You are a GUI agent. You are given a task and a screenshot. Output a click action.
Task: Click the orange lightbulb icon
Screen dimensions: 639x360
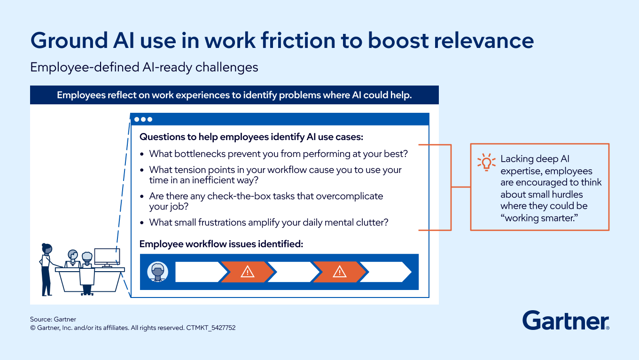point(486,162)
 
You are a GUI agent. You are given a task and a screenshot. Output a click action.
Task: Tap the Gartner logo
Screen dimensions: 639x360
point(566,321)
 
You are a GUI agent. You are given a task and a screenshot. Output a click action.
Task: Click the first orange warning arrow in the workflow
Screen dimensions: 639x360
point(247,272)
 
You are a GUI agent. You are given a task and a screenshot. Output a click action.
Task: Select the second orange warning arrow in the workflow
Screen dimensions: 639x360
point(339,272)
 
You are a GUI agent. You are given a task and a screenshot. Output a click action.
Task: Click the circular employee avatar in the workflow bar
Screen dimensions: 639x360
point(157,272)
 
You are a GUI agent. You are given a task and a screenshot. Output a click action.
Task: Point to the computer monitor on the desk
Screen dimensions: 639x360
point(107,257)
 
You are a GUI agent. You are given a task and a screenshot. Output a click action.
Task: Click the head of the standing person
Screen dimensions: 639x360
point(47,249)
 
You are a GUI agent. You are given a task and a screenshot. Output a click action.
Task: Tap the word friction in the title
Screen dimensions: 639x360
point(298,40)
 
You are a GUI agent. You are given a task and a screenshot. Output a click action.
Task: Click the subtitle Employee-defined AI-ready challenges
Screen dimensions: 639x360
point(144,68)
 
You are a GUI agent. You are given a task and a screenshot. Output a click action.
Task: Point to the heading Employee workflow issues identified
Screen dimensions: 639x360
point(221,244)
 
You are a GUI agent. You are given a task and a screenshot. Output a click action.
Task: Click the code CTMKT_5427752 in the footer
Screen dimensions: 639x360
point(211,328)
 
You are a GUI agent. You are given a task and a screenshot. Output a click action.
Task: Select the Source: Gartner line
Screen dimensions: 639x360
point(53,319)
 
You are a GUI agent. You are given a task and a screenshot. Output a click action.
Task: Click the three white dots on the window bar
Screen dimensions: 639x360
point(143,119)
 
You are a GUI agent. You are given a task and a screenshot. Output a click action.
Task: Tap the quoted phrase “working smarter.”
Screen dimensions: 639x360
point(539,218)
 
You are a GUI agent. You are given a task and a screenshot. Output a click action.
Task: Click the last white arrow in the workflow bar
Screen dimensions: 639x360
point(385,272)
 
